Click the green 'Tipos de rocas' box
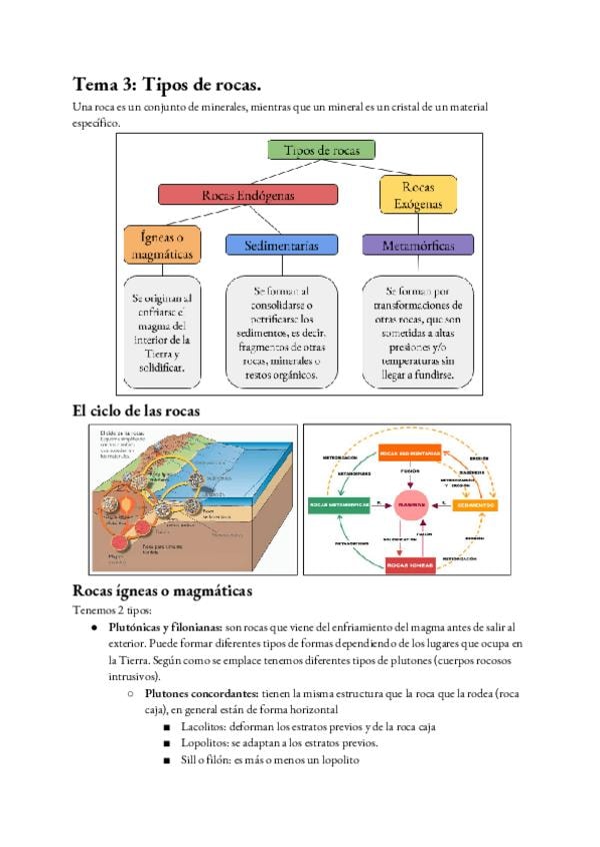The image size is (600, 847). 321,151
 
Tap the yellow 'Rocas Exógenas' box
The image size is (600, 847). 417,194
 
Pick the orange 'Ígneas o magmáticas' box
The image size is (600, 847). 161,246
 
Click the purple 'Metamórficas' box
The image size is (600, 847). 417,245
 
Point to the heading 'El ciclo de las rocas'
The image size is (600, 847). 136,411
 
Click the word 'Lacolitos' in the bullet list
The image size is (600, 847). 196,727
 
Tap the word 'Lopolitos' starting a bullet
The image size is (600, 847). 198,744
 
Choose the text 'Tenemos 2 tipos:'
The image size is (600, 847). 112,609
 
